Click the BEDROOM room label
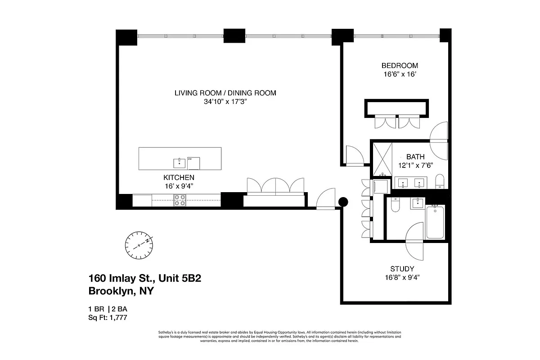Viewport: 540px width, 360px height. click(x=400, y=65)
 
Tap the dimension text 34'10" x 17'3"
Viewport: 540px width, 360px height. click(x=225, y=102)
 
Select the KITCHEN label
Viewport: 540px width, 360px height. click(x=179, y=177)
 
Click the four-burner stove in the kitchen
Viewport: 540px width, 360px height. click(x=180, y=200)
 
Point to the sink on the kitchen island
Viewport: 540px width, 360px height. click(x=179, y=162)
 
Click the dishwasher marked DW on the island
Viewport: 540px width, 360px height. click(x=193, y=163)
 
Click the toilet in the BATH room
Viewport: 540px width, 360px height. click(x=440, y=182)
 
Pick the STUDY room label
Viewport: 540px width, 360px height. click(x=402, y=269)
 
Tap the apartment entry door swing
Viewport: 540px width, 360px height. click(x=326, y=199)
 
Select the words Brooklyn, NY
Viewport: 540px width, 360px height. click(x=121, y=291)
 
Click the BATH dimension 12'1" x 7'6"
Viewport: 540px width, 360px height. click(x=415, y=165)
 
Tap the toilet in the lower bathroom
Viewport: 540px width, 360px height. click(x=395, y=206)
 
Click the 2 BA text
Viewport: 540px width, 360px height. click(x=125, y=309)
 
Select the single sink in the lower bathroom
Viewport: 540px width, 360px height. click(x=418, y=203)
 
